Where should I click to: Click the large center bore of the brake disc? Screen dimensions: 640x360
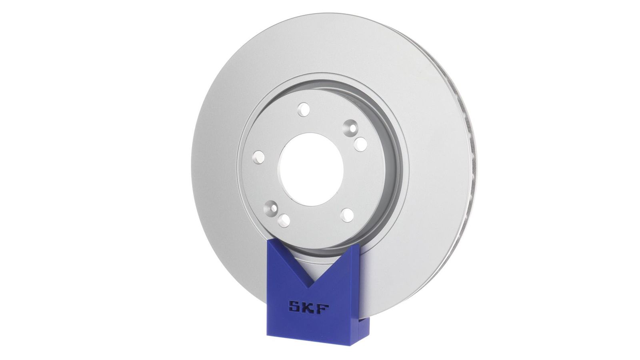point(311,169)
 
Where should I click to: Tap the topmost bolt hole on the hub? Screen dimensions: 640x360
point(304,110)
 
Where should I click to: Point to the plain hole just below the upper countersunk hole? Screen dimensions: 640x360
point(360,144)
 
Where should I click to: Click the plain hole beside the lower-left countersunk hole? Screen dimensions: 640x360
point(284,220)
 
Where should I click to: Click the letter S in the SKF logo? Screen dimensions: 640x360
point(294,308)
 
